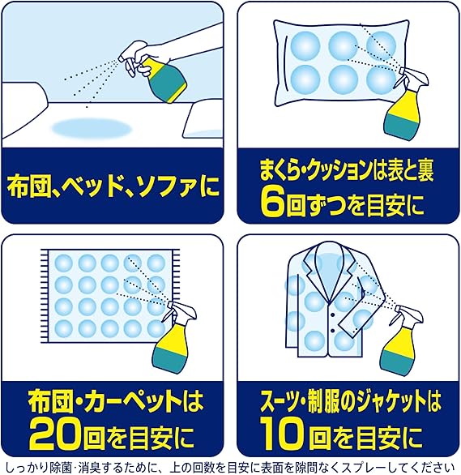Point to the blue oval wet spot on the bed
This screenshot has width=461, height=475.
[x=92, y=129]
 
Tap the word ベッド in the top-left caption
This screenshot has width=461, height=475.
[x=86, y=187]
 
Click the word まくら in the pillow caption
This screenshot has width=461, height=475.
[x=278, y=170]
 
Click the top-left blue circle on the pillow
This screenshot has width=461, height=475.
[x=305, y=46]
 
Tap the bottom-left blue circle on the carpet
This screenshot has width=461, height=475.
[x=64, y=328]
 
